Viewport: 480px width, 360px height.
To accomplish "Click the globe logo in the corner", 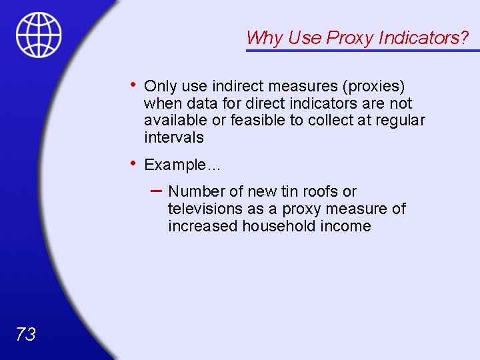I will (x=39, y=34).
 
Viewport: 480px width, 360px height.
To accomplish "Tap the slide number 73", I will (x=25, y=335).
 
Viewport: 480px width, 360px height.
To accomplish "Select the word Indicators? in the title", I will (x=423, y=38).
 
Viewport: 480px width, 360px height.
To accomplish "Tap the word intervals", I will (x=173, y=138).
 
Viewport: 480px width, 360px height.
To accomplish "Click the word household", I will (x=277, y=227).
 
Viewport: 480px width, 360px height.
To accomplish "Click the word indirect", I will (x=239, y=87).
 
